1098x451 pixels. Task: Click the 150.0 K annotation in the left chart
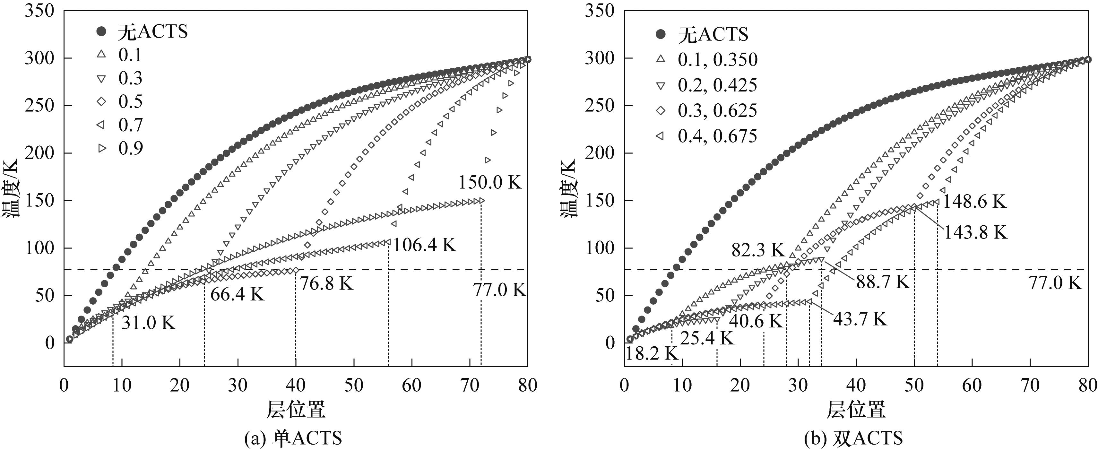(490, 182)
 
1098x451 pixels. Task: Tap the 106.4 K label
(425, 245)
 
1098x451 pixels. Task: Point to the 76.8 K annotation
(327, 283)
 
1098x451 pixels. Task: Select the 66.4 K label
(238, 294)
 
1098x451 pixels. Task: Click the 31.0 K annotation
(148, 323)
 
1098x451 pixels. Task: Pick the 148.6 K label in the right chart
(974, 201)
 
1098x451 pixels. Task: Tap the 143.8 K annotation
(976, 232)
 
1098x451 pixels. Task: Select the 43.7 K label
(860, 319)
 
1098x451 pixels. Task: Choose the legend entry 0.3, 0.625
(717, 110)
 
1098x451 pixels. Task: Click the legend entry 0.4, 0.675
(717, 136)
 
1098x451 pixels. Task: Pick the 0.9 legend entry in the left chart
(130, 148)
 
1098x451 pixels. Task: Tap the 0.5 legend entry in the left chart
(130, 101)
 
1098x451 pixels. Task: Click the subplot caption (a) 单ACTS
(293, 438)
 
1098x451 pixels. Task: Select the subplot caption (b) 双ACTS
(853, 438)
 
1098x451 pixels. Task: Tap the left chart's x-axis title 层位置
(296, 410)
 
